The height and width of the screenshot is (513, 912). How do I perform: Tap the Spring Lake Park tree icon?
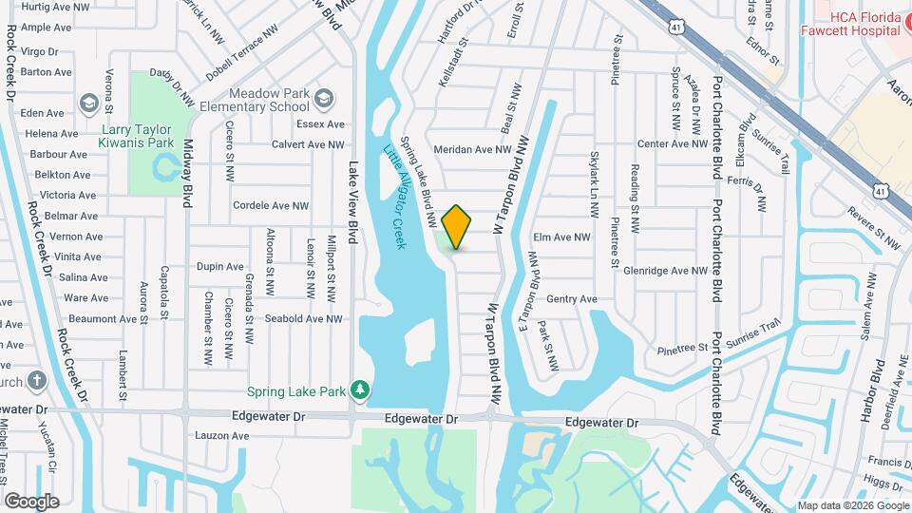pos(359,389)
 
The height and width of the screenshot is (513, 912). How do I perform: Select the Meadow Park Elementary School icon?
pos(325,99)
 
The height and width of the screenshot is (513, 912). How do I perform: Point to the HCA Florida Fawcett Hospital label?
pos(864,23)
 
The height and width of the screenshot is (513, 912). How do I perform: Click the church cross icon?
pos(37,382)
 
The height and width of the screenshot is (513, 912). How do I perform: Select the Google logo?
pos(31,501)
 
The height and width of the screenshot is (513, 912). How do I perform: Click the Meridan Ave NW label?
pos(472,150)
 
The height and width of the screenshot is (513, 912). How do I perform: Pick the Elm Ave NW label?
pos(562,237)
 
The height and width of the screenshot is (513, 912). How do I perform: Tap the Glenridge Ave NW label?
pos(666,271)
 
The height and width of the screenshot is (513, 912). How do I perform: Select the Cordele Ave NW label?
pos(271,206)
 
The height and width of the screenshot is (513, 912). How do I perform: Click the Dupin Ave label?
pos(220,267)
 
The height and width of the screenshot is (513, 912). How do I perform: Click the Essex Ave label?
pos(320,124)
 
